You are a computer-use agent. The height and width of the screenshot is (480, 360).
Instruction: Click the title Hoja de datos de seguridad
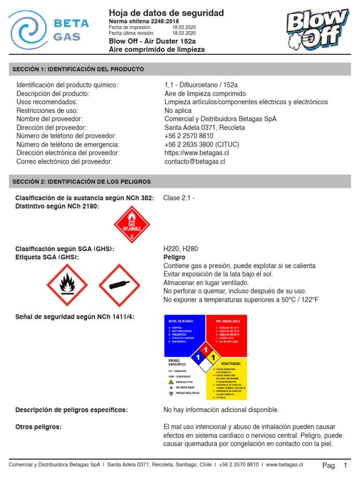tap(166, 13)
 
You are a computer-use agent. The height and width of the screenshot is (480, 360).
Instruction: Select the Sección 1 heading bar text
tap(78, 69)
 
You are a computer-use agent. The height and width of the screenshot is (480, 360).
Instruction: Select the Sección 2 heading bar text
tap(81, 181)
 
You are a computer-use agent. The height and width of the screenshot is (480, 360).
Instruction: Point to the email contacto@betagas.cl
tap(195, 161)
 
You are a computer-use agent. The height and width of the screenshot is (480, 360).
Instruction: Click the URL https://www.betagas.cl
tap(197, 153)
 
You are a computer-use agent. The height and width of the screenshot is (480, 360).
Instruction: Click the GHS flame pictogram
tap(67, 285)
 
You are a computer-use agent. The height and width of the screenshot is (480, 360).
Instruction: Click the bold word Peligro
tap(174, 257)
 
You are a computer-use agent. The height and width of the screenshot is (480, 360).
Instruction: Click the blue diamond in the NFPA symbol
tap(197, 358)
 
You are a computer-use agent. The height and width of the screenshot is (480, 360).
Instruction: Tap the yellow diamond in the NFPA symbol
tap(213, 358)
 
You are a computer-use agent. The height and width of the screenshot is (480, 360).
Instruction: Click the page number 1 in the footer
tap(345, 465)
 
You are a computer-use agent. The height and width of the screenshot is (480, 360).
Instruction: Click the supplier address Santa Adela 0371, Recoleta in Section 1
tap(204, 127)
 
